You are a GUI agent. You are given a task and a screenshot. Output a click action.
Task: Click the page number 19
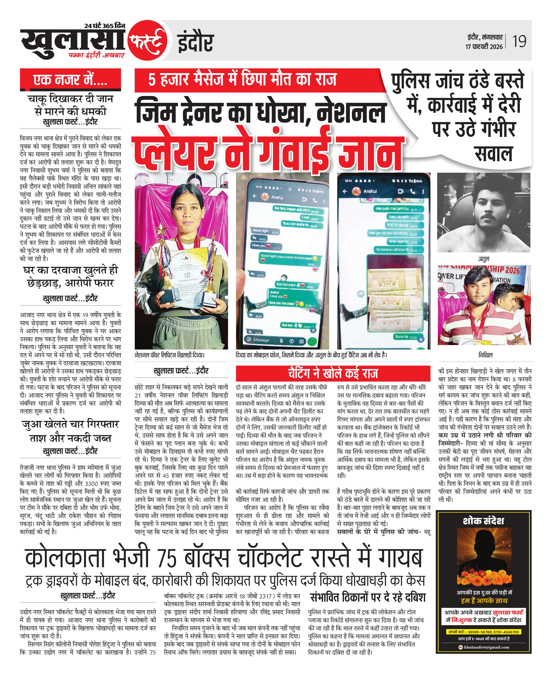pyautogui.click(x=519, y=41)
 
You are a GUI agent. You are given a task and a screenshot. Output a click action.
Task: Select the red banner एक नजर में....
pyautogui.click(x=70, y=79)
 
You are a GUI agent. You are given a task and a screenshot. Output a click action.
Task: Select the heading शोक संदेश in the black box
pyautogui.click(x=483, y=521)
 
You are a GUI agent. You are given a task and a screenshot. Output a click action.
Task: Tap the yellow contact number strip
pyautogui.click(x=483, y=632)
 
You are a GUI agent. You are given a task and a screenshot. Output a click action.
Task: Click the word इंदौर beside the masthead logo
pyautogui.click(x=195, y=43)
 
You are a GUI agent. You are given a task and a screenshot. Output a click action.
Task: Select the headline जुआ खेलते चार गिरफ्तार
pyautogui.click(x=70, y=425)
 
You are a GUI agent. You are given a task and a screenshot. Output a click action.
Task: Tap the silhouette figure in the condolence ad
pyautogui.click(x=483, y=554)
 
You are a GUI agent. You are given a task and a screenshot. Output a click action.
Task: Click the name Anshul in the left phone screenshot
pyautogui.click(x=277, y=198)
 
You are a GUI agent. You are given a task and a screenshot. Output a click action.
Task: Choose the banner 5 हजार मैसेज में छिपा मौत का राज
pyautogui.click(x=242, y=80)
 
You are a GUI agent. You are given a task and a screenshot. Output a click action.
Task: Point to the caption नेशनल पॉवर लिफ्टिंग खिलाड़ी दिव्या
pyautogui.click(x=169, y=355)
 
